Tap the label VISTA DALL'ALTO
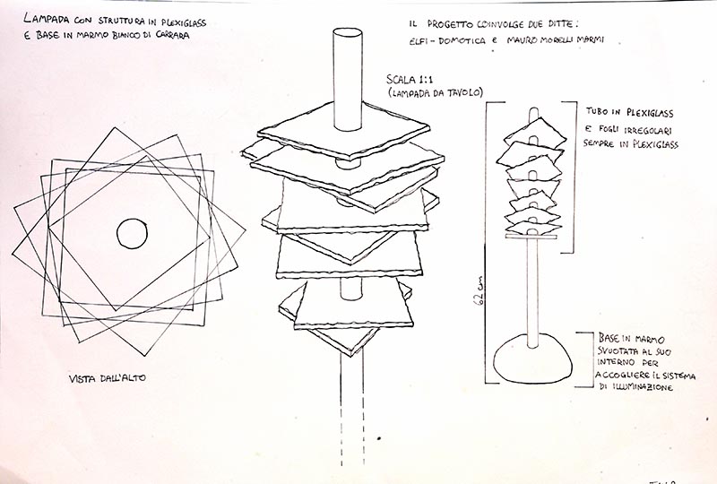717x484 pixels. pyautogui.click(x=108, y=378)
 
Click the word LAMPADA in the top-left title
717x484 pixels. pyautogui.click(x=46, y=19)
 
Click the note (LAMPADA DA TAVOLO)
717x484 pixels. pyautogui.click(x=435, y=93)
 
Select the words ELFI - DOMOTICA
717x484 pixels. pyautogui.click(x=447, y=40)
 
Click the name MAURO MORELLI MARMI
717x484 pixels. pyautogui.click(x=555, y=39)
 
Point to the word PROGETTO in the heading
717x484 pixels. pyautogui.click(x=451, y=24)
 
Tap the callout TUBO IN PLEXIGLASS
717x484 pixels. pyautogui.click(x=630, y=112)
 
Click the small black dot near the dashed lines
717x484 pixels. pyautogui.click(x=379, y=438)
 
